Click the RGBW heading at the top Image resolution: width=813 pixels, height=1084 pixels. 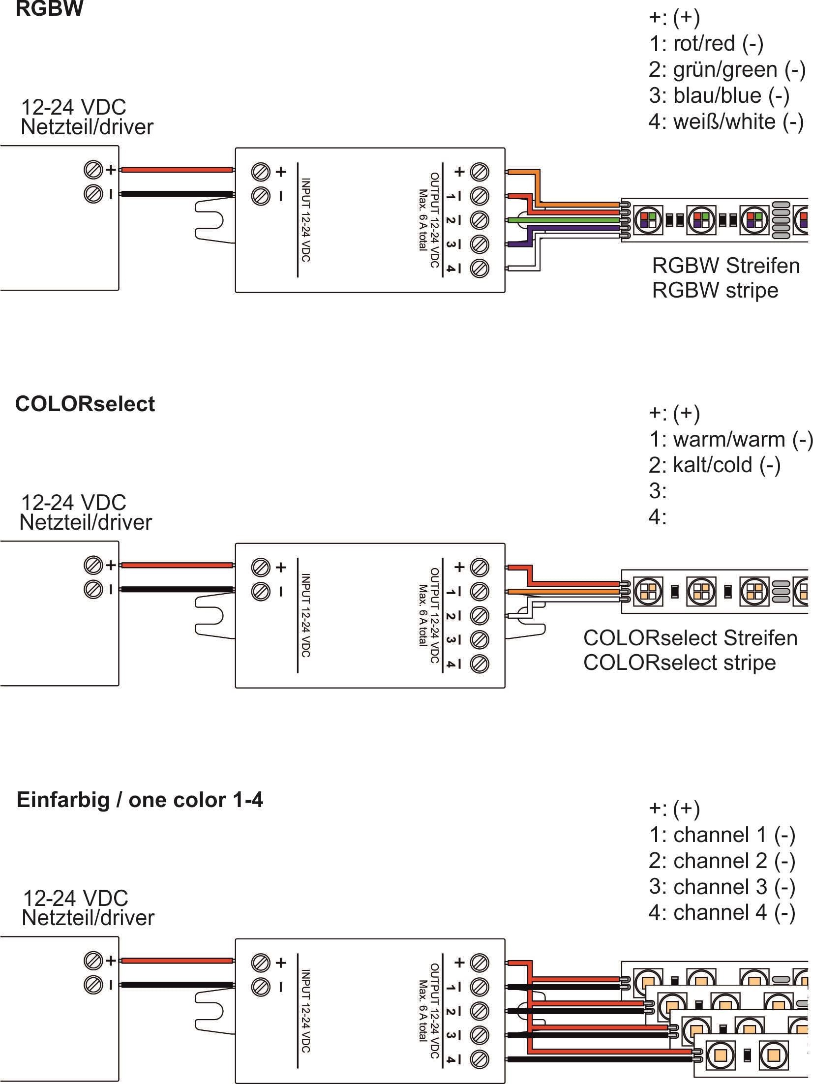(x=49, y=9)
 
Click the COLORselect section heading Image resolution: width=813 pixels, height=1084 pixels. (x=85, y=404)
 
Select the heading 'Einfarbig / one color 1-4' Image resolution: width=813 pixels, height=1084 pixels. (x=140, y=800)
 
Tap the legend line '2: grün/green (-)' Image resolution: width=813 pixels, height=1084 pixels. (x=726, y=69)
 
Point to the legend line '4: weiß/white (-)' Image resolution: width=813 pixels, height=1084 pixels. (x=725, y=121)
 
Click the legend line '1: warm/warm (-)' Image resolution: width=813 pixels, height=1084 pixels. (x=730, y=439)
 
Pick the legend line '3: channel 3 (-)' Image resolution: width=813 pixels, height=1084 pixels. (x=722, y=886)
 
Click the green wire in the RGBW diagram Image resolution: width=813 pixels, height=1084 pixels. (x=566, y=220)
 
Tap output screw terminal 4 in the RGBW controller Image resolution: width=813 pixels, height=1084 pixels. (x=480, y=269)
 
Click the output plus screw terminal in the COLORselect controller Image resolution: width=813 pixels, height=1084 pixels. (x=480, y=567)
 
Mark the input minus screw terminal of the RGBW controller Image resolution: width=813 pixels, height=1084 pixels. (x=261, y=196)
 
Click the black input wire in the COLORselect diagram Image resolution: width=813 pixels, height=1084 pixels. (x=177, y=589)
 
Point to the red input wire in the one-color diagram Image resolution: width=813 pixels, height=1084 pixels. (x=177, y=961)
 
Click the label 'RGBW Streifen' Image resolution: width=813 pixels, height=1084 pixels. (x=725, y=266)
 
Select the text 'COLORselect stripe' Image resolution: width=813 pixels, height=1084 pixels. (x=679, y=662)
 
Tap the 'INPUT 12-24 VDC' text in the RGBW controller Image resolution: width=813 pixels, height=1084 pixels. (x=305, y=220)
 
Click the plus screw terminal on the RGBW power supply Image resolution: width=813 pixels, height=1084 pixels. (x=92, y=170)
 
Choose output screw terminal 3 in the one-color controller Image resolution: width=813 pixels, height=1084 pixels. (x=480, y=1035)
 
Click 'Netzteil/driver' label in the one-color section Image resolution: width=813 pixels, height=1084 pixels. (x=88, y=918)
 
